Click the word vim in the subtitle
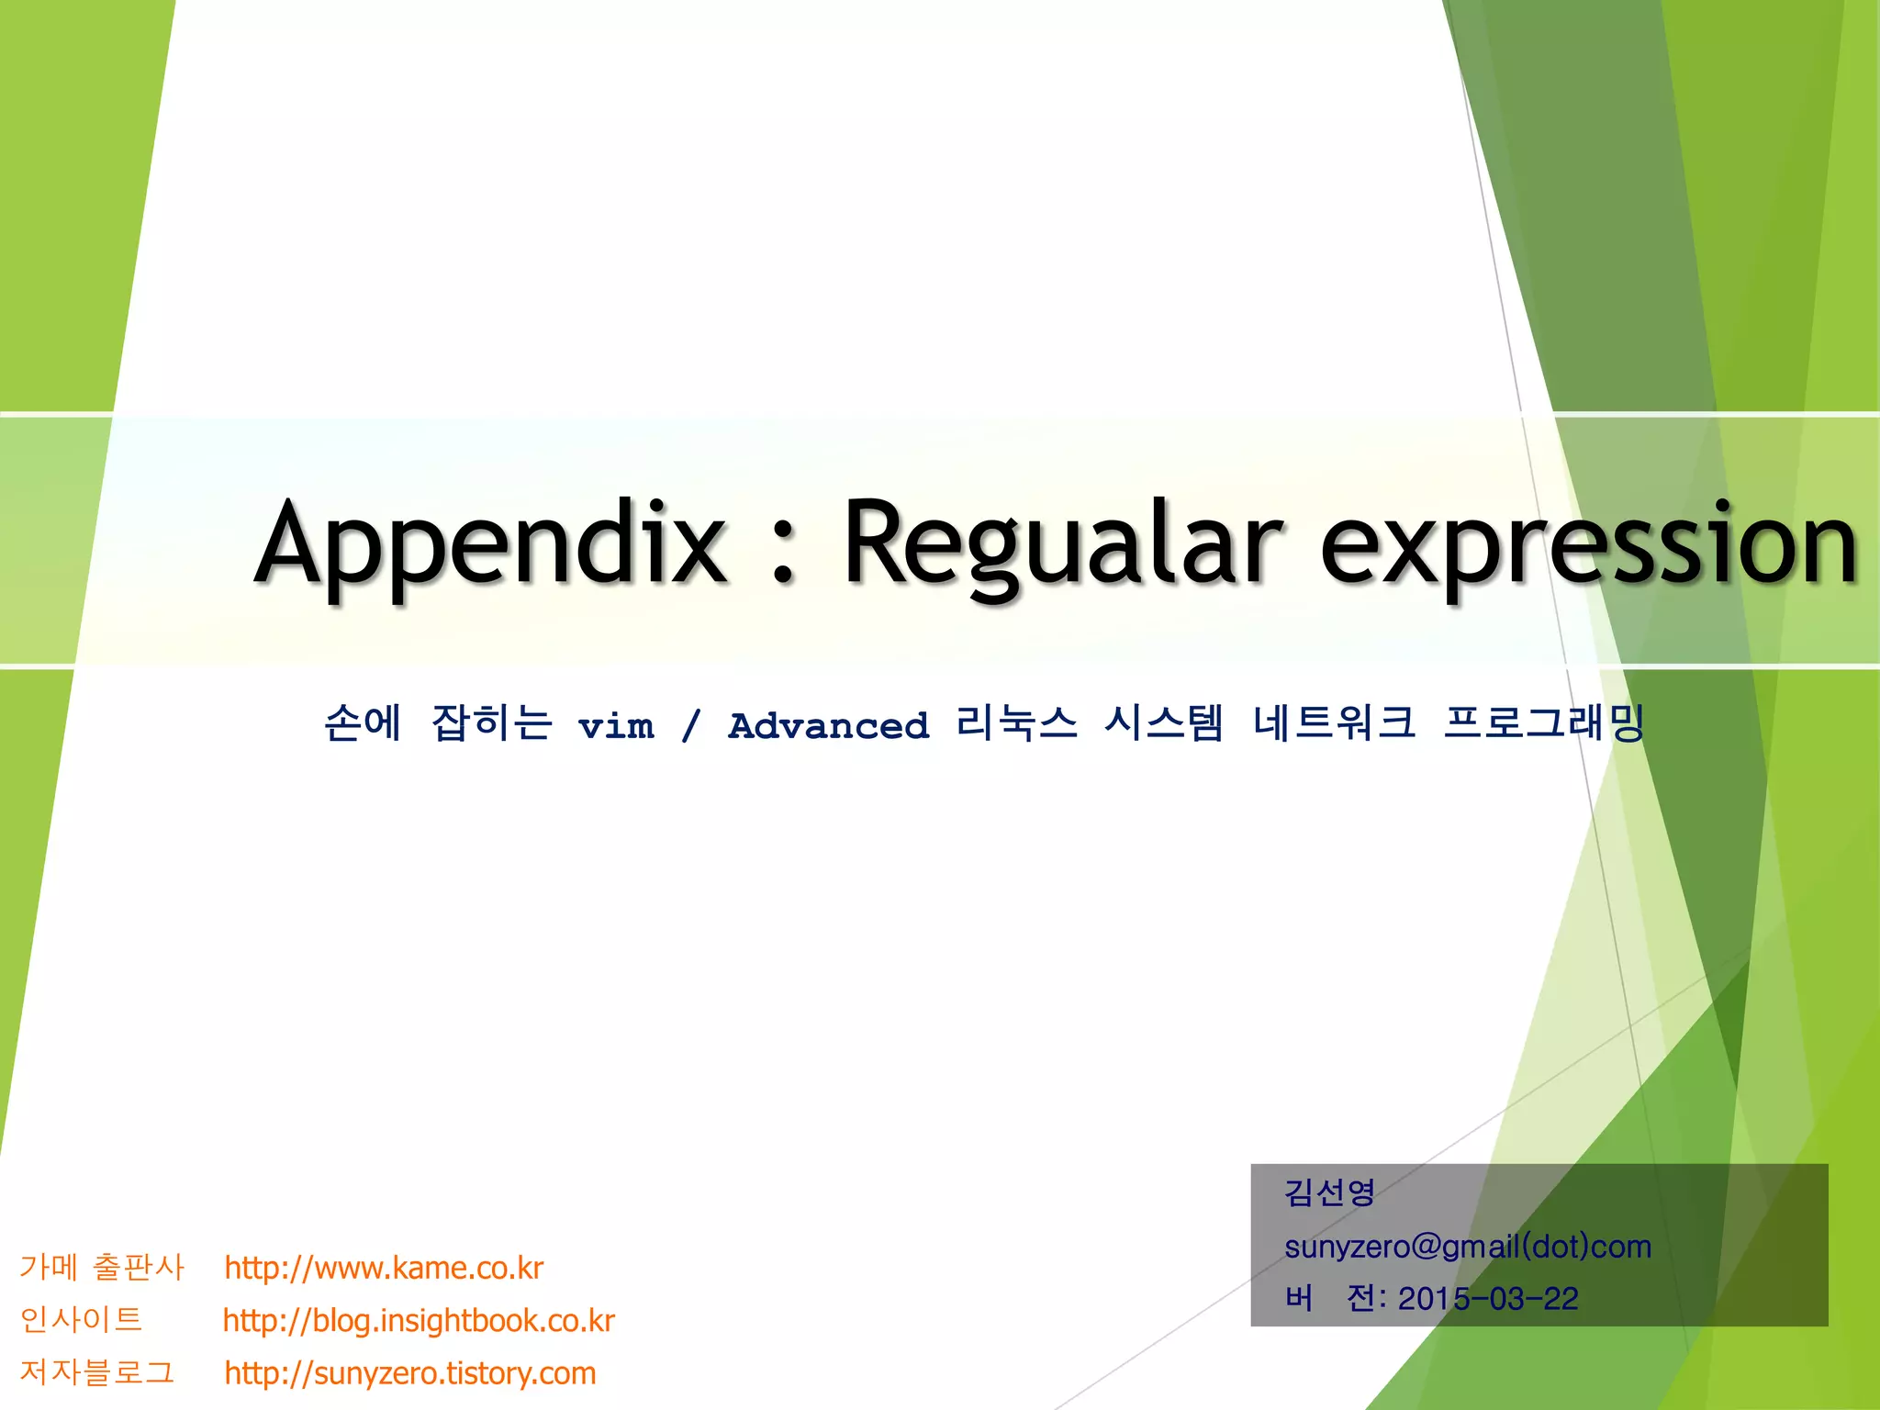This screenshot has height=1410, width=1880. (616, 725)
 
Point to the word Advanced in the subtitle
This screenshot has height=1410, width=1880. (829, 725)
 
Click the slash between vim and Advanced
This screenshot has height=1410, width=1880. (691, 725)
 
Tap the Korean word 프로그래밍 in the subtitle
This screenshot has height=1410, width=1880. (1543, 723)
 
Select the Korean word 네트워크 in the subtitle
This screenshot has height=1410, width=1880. (1334, 723)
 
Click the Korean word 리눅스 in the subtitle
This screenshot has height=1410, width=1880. (1016, 723)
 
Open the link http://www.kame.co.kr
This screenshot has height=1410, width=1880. (384, 1268)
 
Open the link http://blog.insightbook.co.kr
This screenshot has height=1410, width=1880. (419, 1320)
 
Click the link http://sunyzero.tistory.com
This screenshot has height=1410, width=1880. (410, 1373)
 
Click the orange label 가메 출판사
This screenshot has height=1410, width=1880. (102, 1268)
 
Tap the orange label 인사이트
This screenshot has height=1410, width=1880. (81, 1320)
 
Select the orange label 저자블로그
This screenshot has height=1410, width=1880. (96, 1372)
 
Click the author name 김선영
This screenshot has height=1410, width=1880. (1329, 1192)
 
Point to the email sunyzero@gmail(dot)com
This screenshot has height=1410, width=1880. (1468, 1247)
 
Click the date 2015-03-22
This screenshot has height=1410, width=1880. (1488, 1299)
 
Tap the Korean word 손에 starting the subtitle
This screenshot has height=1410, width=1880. (363, 723)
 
